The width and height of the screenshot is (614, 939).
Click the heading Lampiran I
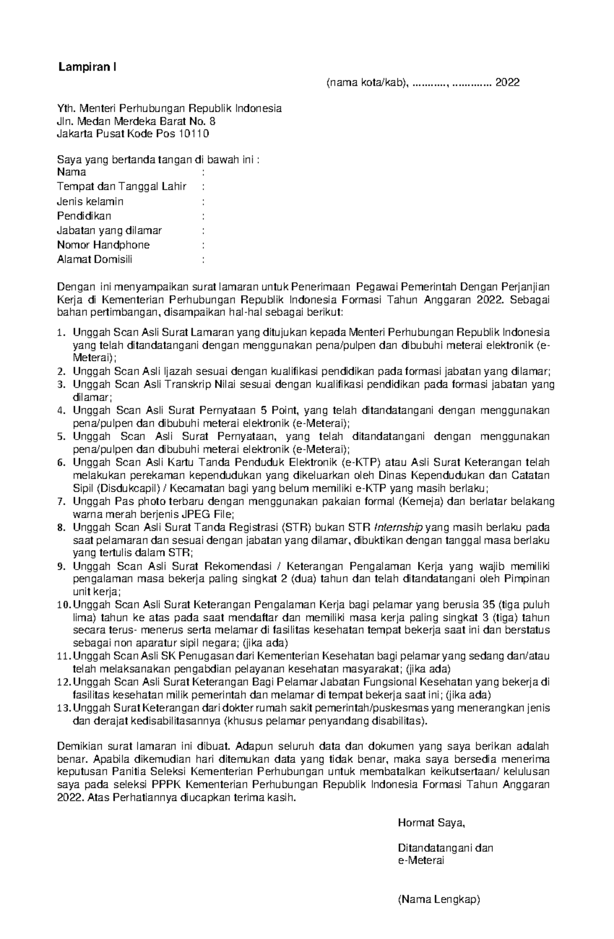coord(87,67)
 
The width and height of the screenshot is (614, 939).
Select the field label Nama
coord(72,172)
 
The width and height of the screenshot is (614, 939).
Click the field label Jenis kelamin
coord(90,202)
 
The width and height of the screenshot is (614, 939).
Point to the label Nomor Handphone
coord(103,245)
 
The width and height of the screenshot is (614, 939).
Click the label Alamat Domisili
coord(95,259)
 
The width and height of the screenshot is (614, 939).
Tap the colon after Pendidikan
coord(204,216)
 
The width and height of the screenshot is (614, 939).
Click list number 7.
coord(61,502)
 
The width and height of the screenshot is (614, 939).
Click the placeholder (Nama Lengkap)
coord(439,900)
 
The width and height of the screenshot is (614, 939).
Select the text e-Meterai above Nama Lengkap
coord(421,861)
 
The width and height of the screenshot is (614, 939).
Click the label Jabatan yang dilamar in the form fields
coord(109,231)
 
